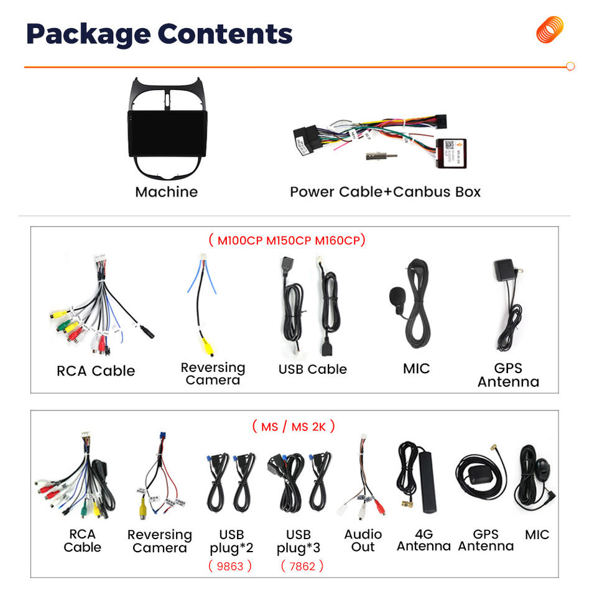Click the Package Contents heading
(x=159, y=34)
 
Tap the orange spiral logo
(x=550, y=30)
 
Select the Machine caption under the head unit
(x=166, y=192)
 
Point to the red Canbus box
(x=455, y=152)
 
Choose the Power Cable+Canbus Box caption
(x=385, y=192)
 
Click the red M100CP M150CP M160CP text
(x=287, y=240)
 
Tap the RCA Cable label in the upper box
(x=96, y=371)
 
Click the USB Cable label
(x=312, y=369)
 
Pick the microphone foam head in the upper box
(x=397, y=298)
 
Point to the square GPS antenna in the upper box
(x=504, y=272)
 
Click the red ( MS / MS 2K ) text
(x=294, y=427)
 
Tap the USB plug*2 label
(x=231, y=541)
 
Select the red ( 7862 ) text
(x=302, y=566)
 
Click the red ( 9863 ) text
(x=230, y=566)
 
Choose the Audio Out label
(x=363, y=540)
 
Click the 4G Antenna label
(x=423, y=540)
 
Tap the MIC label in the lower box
(x=537, y=534)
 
